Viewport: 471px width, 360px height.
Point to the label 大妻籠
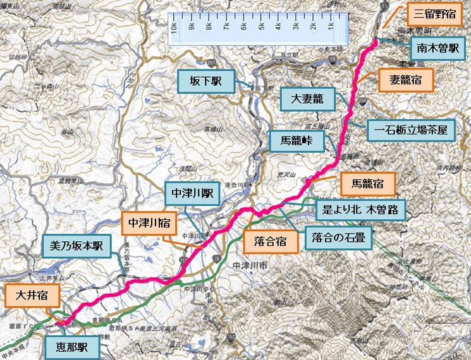[x=307, y=99]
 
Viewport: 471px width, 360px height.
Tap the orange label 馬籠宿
[x=367, y=184]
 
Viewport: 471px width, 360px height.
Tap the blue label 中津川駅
[x=192, y=194]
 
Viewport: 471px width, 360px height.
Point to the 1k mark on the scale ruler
[x=331, y=27]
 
